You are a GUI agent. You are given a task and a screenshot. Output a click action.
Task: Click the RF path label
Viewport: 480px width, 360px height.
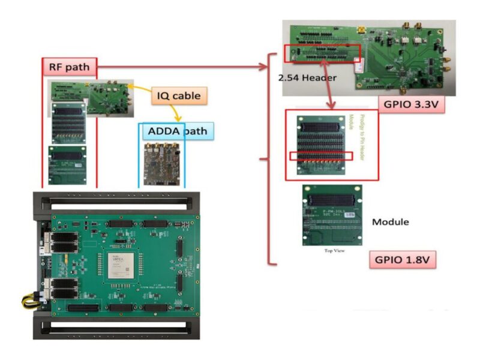pyautogui.click(x=69, y=67)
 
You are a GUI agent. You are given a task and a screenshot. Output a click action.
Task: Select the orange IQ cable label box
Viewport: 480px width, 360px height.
pyautogui.click(x=178, y=95)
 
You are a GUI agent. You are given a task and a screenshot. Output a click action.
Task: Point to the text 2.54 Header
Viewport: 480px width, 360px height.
pyautogui.click(x=307, y=78)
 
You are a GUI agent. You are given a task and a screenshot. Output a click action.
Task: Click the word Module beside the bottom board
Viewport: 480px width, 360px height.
pyautogui.click(x=391, y=222)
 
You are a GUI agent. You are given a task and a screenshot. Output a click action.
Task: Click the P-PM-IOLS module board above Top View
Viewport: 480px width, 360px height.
pyautogui.click(x=332, y=215)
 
